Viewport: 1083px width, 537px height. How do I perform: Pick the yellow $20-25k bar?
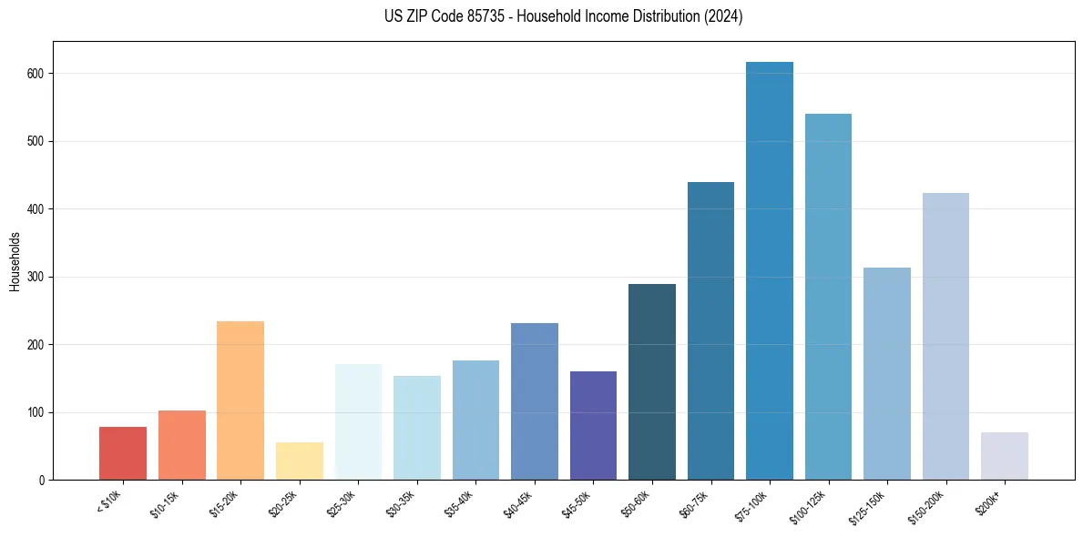tap(299, 461)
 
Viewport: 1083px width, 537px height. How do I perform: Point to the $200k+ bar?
tap(1005, 456)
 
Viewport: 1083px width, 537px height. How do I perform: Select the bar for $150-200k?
tap(945, 337)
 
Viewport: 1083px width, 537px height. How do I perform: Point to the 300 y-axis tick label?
tap(38, 277)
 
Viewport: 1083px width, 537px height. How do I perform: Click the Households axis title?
tap(15, 261)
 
